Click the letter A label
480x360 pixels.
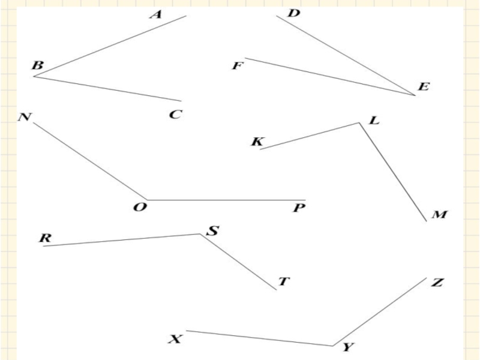click(x=156, y=14)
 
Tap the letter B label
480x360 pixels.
click(x=37, y=65)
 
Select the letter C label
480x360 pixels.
click(x=175, y=114)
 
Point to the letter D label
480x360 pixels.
click(x=293, y=13)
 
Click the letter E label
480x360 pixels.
click(x=424, y=87)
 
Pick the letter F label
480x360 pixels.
click(x=238, y=65)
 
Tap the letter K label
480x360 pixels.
click(x=257, y=142)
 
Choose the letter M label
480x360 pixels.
click(x=439, y=214)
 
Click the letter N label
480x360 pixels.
click(x=25, y=117)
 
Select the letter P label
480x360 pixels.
click(x=299, y=209)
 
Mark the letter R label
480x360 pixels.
click(x=45, y=238)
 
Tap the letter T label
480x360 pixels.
click(x=284, y=281)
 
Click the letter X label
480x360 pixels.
click(x=174, y=340)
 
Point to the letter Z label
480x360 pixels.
click(x=437, y=283)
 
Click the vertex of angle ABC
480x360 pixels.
click(x=34, y=77)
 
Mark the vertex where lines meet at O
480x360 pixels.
click(x=147, y=200)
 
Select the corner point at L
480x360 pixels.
click(x=359, y=123)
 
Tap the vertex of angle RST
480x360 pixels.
click(x=200, y=234)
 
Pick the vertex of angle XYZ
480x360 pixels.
click(x=333, y=346)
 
